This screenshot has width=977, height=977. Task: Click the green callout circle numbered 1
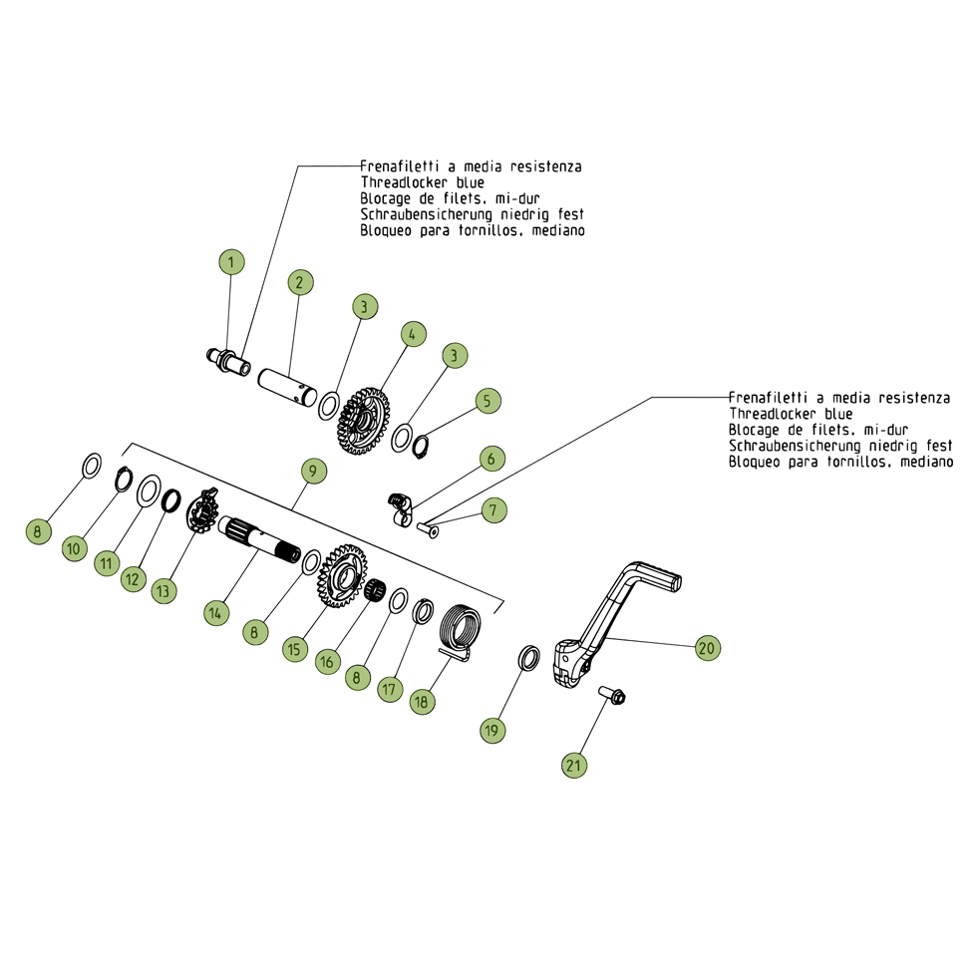[x=231, y=262]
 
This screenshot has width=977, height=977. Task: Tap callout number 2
[x=298, y=282]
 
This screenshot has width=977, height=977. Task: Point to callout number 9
[x=311, y=469]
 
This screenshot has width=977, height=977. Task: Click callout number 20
[x=706, y=648]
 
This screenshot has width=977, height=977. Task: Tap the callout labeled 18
[x=421, y=701]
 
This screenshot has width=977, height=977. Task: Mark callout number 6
[x=490, y=459]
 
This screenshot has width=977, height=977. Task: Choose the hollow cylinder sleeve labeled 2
[x=286, y=384]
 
